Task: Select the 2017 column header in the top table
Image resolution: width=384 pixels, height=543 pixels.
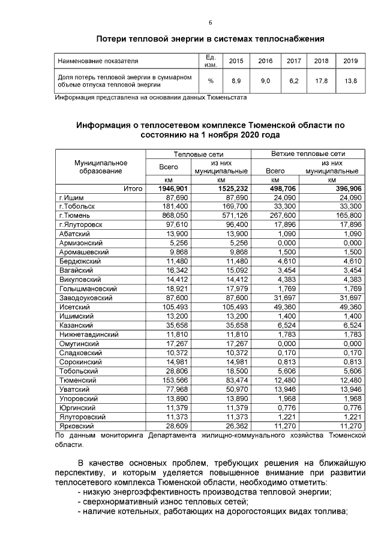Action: point(293,61)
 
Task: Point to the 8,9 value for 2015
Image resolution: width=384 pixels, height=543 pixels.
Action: point(236,80)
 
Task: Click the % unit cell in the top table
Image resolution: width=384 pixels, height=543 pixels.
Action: point(211,80)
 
